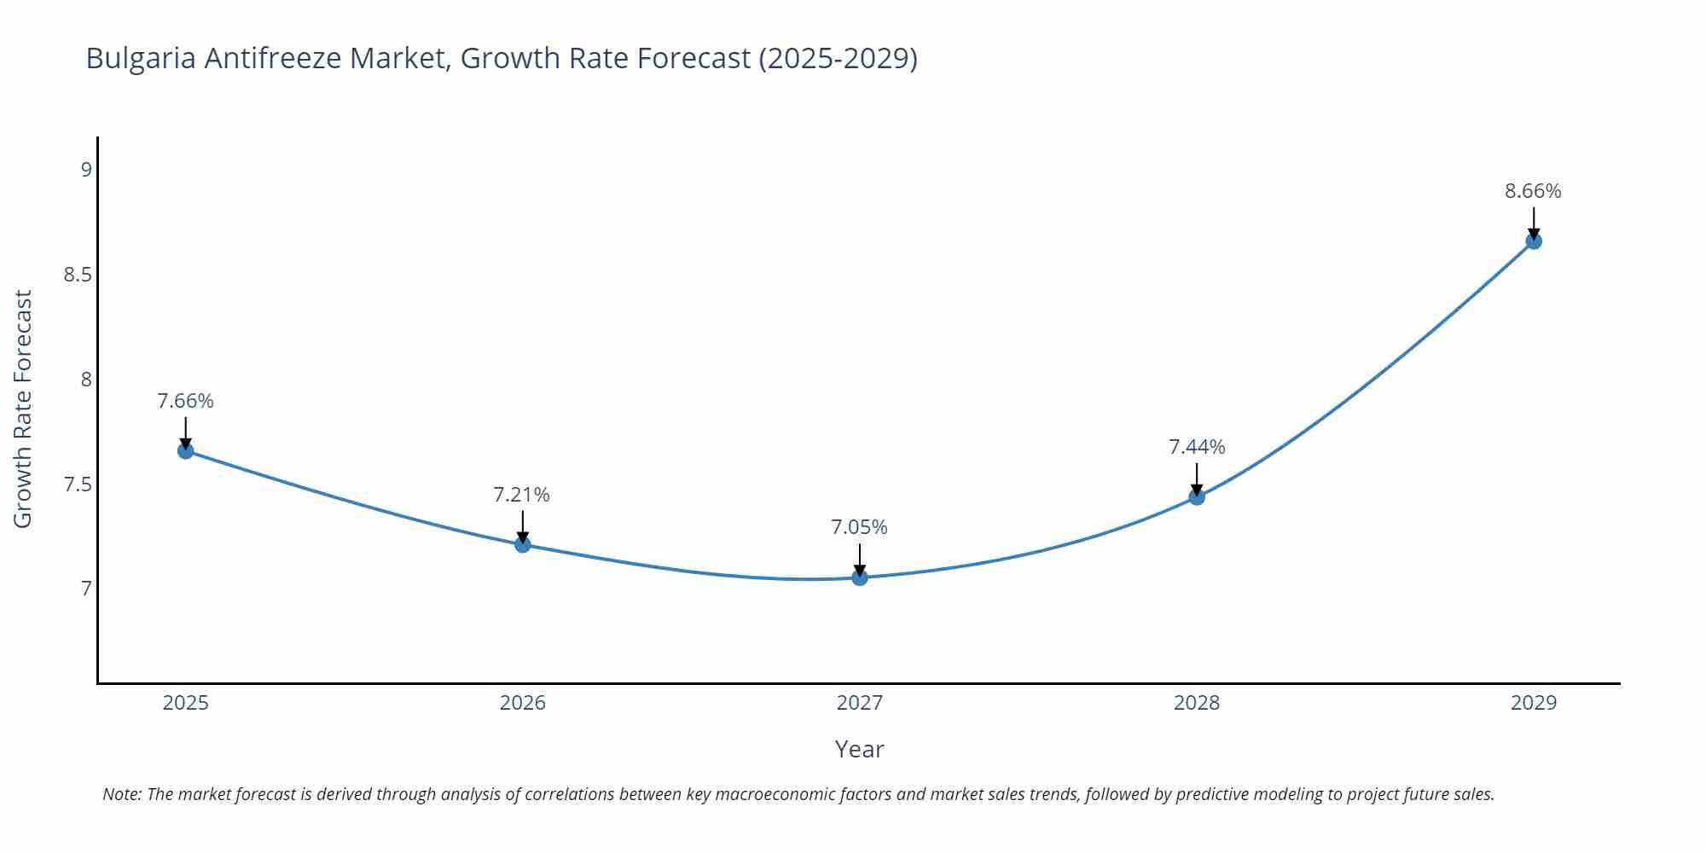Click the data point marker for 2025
[x=186, y=450]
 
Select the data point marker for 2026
[x=523, y=544]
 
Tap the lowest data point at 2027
[x=860, y=577]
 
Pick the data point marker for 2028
[x=1197, y=496]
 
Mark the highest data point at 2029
[x=1534, y=241]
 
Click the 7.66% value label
[x=186, y=401]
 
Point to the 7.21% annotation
[x=522, y=495]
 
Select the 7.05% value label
[x=860, y=527]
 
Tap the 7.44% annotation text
[x=1197, y=447]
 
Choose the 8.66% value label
[x=1533, y=191]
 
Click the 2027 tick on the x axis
[x=860, y=703]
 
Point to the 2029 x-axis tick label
[x=1534, y=703]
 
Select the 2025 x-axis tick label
[x=186, y=703]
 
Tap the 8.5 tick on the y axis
[x=78, y=275]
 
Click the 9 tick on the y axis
[x=86, y=170]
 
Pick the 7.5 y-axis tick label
[x=78, y=485]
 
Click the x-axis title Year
[x=860, y=749]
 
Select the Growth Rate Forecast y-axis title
[x=23, y=409]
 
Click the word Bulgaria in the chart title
[x=141, y=58]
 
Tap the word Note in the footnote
[x=121, y=794]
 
